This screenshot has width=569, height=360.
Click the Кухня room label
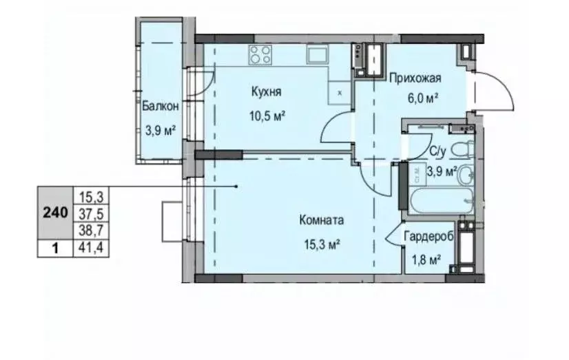pos(266,92)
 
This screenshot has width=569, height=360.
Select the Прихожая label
pos(415,78)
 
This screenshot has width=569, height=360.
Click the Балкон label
pos(161,106)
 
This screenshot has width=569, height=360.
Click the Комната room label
pos(321,221)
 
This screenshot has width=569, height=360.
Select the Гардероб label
pos(428,236)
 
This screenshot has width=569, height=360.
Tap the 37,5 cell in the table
pos(90,213)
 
